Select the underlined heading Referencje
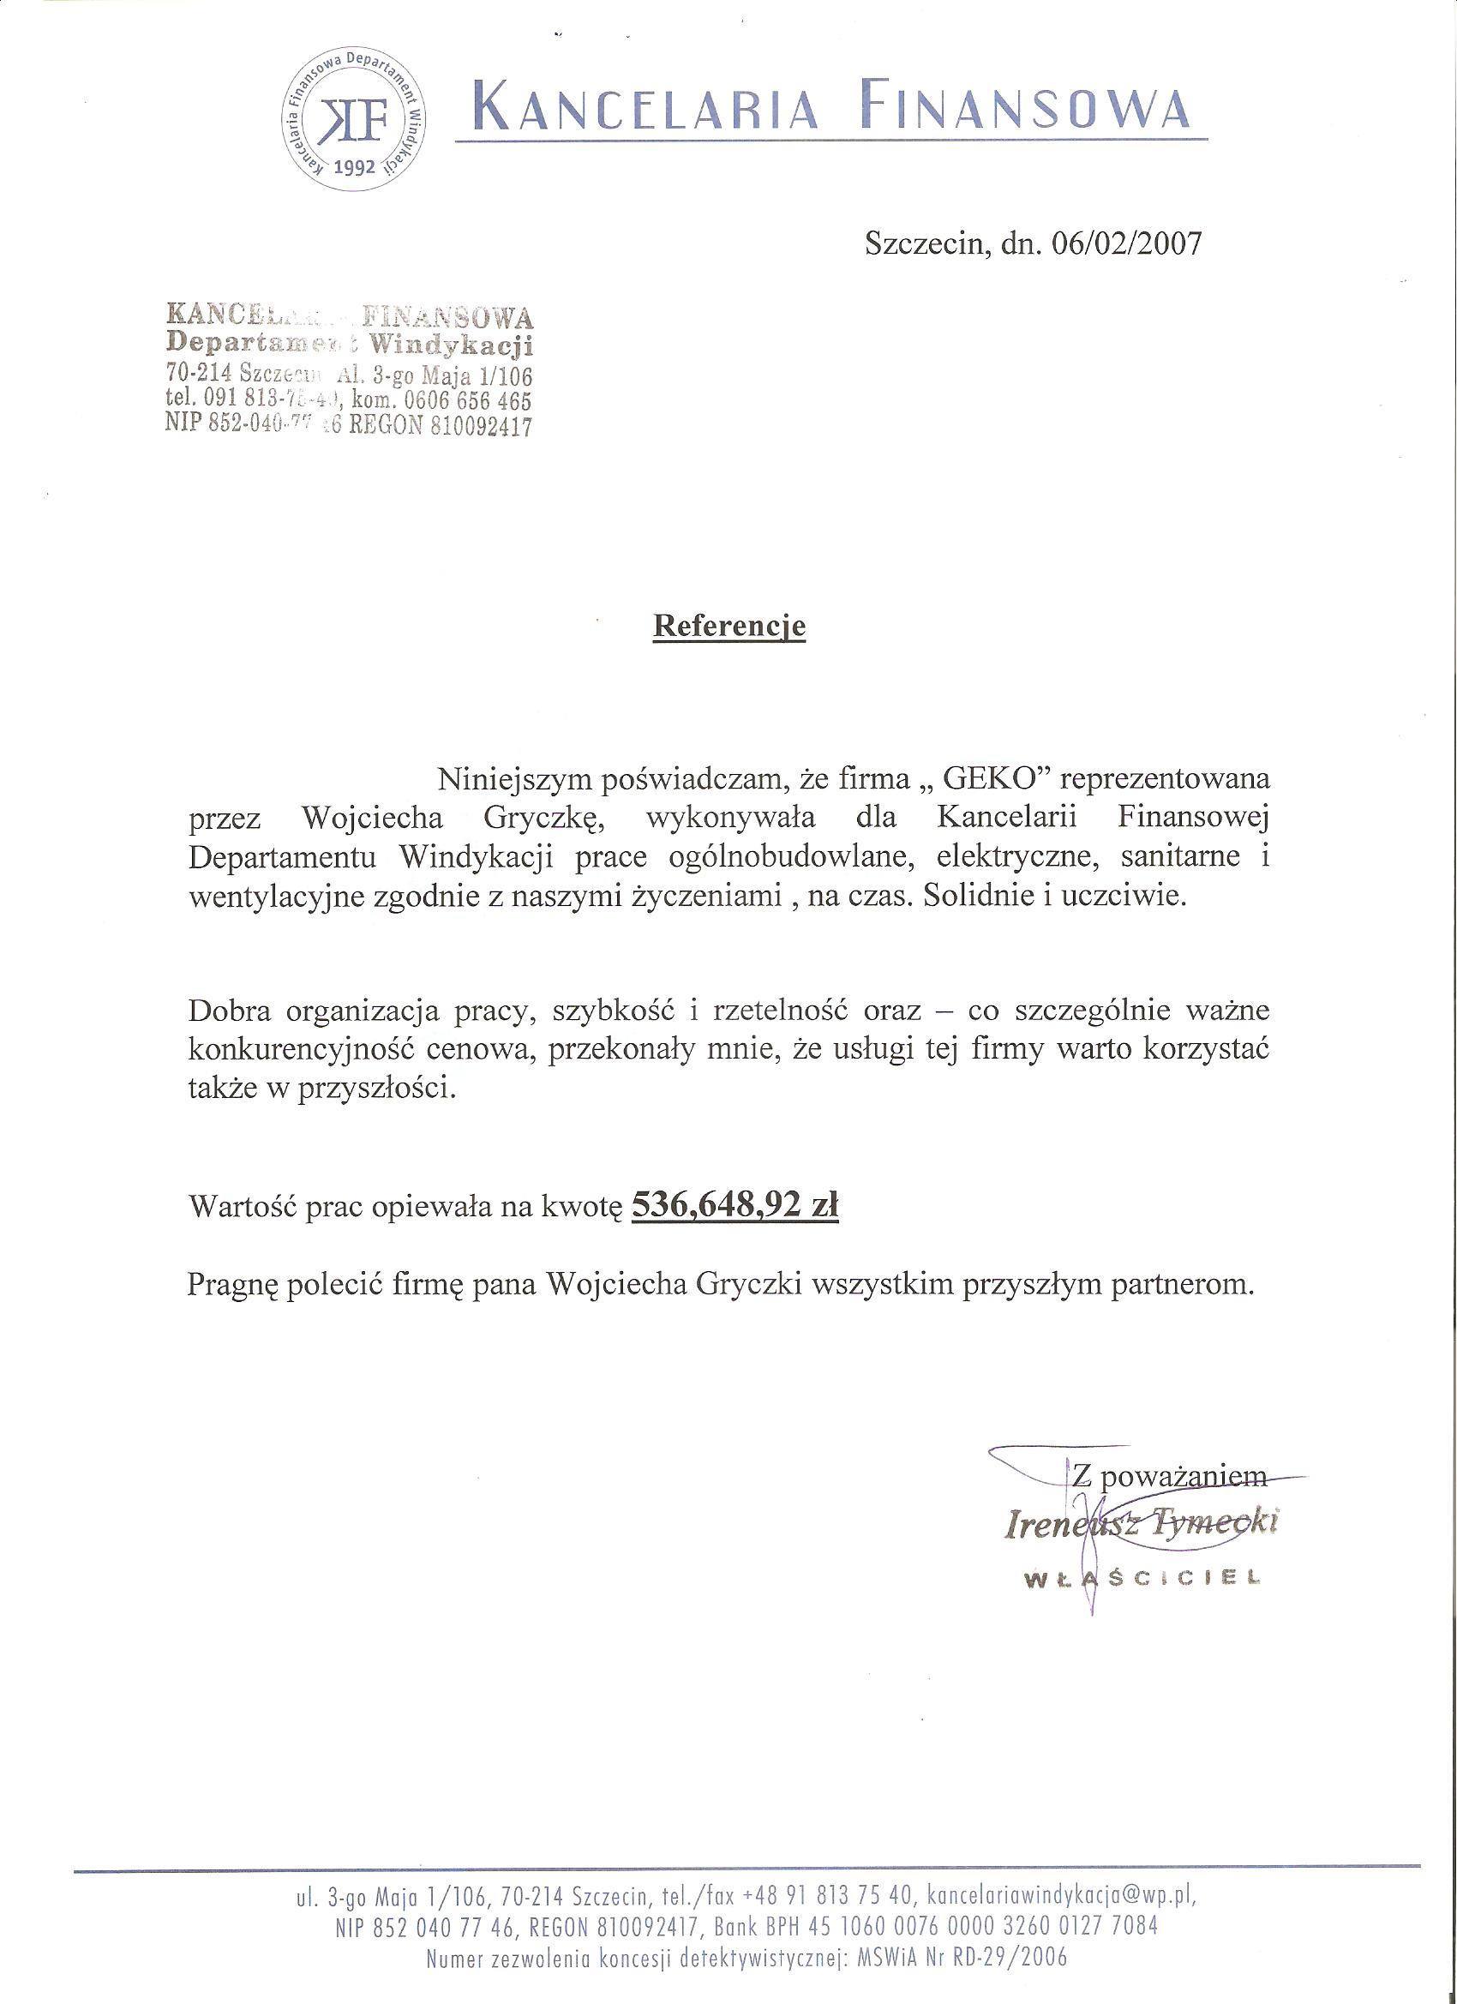[x=729, y=627]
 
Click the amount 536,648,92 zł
[x=735, y=1206]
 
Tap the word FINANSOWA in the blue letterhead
[x=1028, y=108]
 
